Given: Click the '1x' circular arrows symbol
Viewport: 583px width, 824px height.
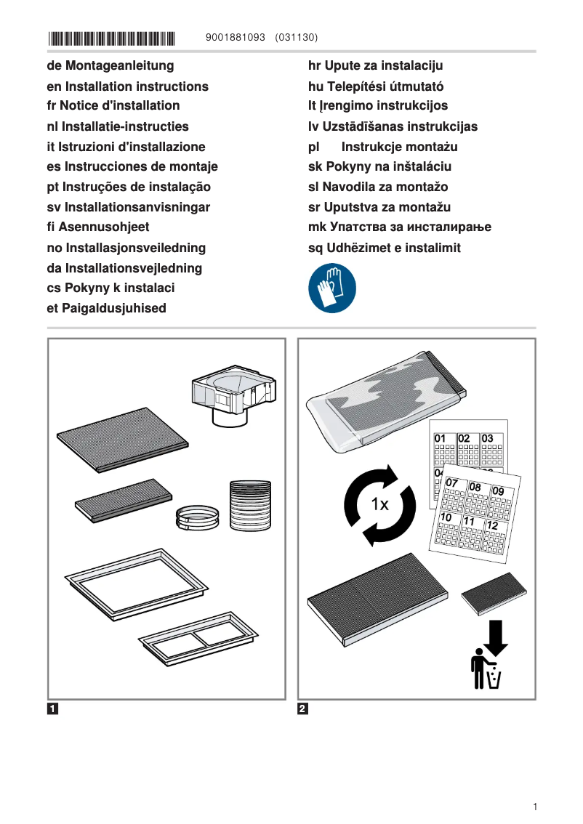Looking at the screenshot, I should (379, 505).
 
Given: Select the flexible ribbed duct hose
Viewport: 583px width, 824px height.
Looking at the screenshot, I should (249, 504).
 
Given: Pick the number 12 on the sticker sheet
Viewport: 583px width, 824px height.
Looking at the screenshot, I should (492, 525).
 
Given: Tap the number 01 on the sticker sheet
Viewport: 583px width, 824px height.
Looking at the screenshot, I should (441, 438).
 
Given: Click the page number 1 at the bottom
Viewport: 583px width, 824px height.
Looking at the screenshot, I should (535, 807).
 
